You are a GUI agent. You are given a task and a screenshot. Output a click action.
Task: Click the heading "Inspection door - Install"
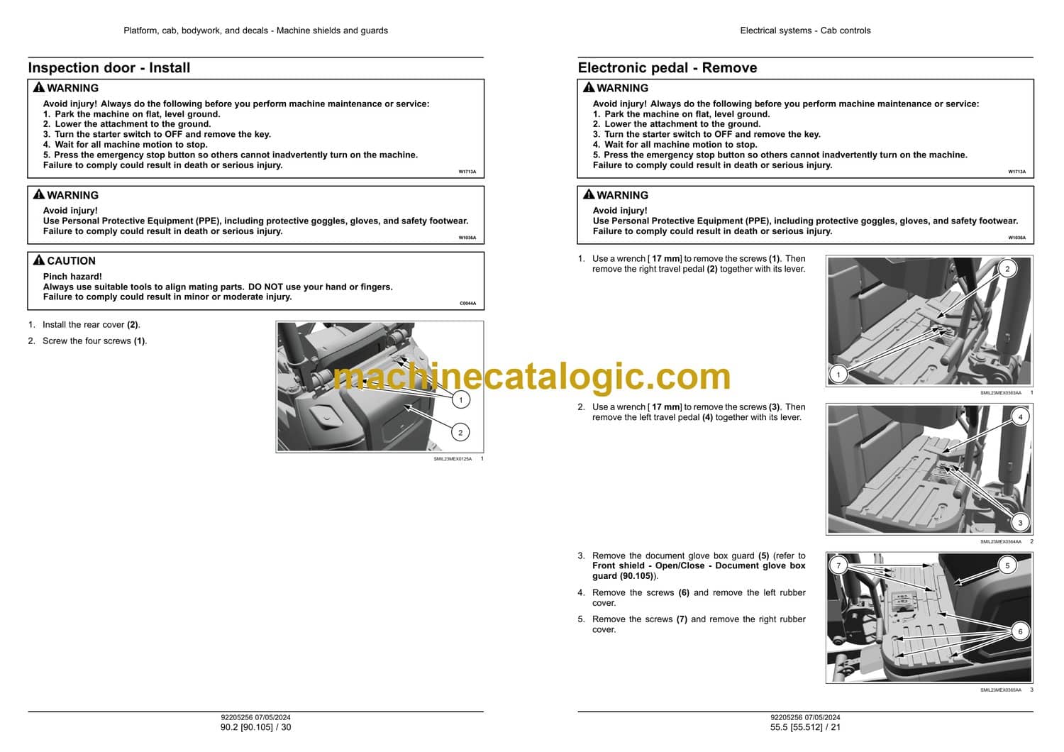(109, 68)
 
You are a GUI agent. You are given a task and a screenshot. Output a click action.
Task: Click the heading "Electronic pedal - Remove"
(667, 68)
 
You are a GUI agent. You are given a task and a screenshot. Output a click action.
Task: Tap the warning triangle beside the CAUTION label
(39, 260)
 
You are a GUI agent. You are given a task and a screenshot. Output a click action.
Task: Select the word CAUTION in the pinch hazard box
(71, 261)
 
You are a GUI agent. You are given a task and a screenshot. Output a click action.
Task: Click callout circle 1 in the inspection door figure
(460, 400)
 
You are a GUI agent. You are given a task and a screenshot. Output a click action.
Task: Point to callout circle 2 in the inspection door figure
(460, 433)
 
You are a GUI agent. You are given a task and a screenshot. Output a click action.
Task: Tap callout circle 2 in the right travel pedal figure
(1007, 269)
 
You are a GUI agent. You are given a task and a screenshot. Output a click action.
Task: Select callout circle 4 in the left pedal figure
(1020, 417)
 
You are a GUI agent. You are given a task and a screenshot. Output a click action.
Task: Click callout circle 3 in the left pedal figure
(1020, 523)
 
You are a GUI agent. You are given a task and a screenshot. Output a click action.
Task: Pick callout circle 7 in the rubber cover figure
(838, 565)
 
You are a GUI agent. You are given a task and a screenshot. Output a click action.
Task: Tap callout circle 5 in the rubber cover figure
(1007, 565)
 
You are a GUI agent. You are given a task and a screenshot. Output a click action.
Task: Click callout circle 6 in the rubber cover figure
(1020, 631)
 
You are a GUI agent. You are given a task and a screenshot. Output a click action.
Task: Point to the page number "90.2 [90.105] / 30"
(255, 727)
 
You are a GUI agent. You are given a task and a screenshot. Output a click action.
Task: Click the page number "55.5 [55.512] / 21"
(805, 727)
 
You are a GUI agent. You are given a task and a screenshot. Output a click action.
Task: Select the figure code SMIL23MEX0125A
(453, 459)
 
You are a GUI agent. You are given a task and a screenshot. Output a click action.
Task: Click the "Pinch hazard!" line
(72, 277)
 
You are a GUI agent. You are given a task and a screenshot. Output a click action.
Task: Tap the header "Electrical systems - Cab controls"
(805, 31)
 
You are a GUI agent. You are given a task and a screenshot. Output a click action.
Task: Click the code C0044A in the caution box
(467, 303)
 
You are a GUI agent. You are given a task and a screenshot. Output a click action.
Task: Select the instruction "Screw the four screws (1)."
(94, 341)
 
